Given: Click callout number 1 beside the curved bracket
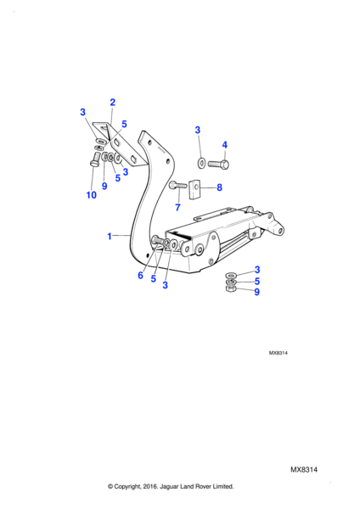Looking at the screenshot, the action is [x=110, y=237].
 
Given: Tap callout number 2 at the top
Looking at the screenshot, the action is [x=112, y=103].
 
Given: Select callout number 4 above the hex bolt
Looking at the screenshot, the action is [x=224, y=145].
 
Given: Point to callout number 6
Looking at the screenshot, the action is [x=140, y=275].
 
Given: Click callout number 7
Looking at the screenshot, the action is [x=177, y=207].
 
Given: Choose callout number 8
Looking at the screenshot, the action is [x=219, y=187].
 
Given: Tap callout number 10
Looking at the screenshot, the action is [x=92, y=195].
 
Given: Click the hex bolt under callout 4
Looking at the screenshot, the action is [x=218, y=164].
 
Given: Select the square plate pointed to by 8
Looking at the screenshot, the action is [x=194, y=189].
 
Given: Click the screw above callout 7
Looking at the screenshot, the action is [x=177, y=185].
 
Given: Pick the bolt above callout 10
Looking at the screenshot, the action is [x=94, y=159].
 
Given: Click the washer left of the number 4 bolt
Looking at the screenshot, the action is [x=201, y=162].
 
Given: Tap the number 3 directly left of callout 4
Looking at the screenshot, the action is [x=198, y=130].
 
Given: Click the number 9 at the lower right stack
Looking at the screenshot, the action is [x=256, y=292].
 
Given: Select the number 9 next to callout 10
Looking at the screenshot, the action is [x=104, y=186].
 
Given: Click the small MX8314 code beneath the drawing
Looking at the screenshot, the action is [x=278, y=353].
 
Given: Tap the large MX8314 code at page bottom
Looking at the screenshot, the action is [x=304, y=470].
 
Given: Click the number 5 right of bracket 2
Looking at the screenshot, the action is [x=124, y=124].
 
